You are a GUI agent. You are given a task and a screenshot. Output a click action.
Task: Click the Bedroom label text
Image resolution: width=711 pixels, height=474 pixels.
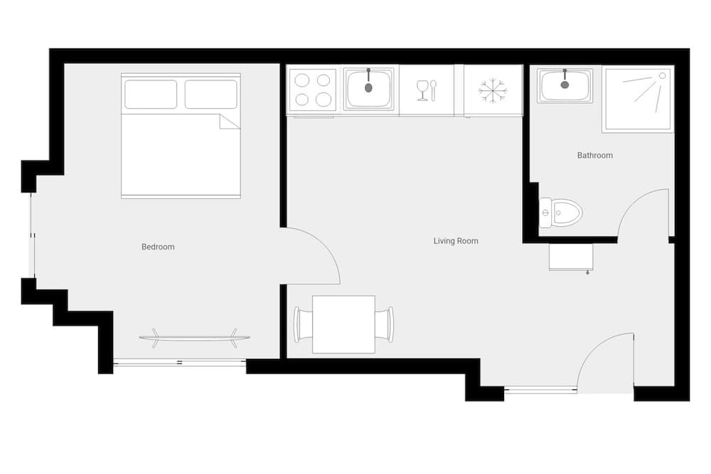click(x=158, y=247)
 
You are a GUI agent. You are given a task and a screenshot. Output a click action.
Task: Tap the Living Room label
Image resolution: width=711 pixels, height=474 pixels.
click(x=456, y=241)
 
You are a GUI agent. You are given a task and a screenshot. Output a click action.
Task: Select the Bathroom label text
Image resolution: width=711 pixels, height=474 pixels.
click(x=594, y=155)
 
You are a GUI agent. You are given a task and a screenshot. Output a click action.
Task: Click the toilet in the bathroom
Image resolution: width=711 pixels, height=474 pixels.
click(x=562, y=212)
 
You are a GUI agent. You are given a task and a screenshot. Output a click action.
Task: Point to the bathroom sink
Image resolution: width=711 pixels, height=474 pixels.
click(x=565, y=86)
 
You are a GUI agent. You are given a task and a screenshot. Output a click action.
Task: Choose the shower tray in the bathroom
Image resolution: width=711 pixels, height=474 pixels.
click(x=638, y=100)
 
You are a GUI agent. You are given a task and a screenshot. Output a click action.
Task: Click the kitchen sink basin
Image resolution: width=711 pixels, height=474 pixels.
click(x=368, y=89)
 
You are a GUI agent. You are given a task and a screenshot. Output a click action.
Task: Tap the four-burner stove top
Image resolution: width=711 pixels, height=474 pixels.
click(x=314, y=90)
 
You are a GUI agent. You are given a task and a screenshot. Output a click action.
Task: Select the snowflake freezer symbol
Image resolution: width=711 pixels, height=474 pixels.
click(x=493, y=90)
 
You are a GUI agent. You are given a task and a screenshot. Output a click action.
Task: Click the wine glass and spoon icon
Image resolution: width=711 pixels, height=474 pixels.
click(x=427, y=90)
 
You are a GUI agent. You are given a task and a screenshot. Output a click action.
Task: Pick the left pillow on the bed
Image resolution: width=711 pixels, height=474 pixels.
click(x=151, y=95)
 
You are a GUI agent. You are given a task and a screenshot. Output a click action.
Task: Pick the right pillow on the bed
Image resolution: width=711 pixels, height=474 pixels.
click(x=210, y=95)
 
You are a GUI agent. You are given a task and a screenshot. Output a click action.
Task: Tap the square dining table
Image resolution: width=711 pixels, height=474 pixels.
click(x=343, y=324)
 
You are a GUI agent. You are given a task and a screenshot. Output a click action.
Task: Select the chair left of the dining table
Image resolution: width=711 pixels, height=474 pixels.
click(x=304, y=324)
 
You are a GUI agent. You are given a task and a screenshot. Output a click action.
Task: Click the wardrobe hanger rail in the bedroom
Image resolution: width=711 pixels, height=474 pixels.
click(x=194, y=338)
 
